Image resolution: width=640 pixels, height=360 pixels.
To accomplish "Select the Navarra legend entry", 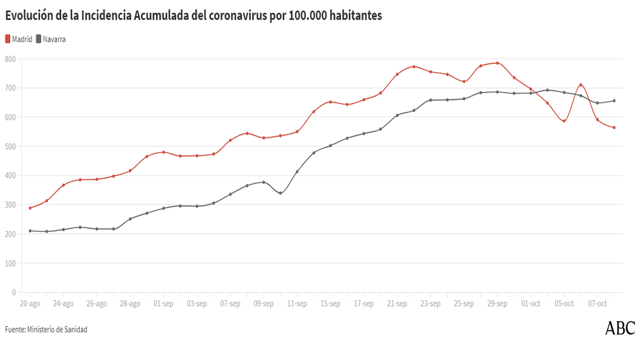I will (51, 40).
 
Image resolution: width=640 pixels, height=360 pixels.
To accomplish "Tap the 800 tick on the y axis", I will (10, 59).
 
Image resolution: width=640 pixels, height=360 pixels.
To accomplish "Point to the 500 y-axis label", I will (10, 146).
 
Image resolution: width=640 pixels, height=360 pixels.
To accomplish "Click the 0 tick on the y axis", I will (13, 292).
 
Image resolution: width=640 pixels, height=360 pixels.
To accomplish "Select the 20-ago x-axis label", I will (30, 304).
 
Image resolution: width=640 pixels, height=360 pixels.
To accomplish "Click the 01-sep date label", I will (163, 304).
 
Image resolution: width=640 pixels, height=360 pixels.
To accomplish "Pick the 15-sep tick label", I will (330, 304).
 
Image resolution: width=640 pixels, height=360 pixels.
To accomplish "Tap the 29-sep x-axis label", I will (497, 304).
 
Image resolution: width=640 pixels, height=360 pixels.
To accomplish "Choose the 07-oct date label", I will (598, 304).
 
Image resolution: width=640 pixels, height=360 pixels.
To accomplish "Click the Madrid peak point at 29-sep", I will (497, 63).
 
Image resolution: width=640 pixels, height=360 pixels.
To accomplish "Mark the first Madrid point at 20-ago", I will (30, 208).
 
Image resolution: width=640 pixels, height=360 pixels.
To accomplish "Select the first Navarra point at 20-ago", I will (30, 231).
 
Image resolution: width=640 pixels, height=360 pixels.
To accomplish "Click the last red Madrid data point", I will (614, 127).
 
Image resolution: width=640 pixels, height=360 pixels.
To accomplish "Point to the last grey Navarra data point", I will (614, 101).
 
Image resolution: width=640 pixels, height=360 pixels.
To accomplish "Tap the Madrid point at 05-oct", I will (564, 121).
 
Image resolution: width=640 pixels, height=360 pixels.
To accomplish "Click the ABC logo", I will (620, 328).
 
